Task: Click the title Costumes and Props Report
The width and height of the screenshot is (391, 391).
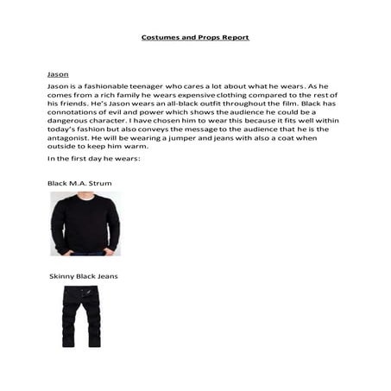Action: (195, 38)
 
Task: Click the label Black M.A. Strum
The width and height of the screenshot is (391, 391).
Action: (79, 184)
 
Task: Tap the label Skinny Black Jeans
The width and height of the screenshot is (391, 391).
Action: (84, 276)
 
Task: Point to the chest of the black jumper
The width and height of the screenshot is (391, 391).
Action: (85, 220)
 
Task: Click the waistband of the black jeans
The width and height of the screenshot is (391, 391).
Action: (81, 288)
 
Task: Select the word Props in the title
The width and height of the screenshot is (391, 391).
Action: (205, 38)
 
